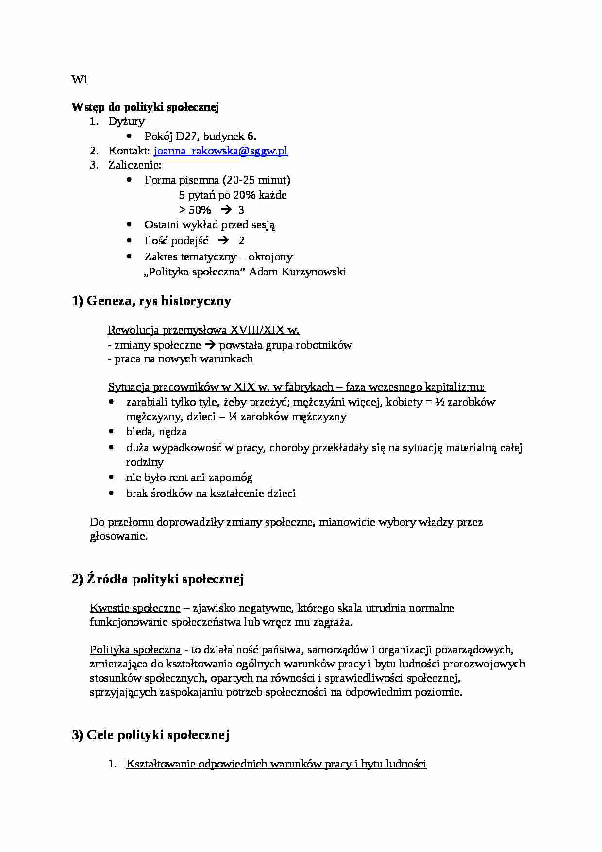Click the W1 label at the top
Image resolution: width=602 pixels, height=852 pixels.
(x=80, y=80)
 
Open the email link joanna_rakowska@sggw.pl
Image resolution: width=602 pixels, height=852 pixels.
(x=220, y=151)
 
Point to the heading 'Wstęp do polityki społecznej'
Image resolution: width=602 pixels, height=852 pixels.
(x=145, y=107)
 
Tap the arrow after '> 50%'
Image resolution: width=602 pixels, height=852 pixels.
(x=226, y=210)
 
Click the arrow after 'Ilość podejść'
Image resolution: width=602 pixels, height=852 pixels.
(x=223, y=240)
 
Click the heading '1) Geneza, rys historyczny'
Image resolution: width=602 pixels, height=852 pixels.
(x=151, y=301)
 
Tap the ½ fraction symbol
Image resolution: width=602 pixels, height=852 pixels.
(x=440, y=402)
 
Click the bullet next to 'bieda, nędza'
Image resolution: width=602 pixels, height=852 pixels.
(x=112, y=431)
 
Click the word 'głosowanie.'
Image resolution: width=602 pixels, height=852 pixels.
(x=118, y=536)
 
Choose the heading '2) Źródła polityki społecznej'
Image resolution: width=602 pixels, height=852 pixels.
(x=158, y=579)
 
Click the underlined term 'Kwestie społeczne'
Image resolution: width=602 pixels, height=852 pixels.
(x=135, y=608)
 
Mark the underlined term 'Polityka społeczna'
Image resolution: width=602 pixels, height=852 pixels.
(x=135, y=649)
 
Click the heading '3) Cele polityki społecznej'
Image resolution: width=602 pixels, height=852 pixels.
(x=150, y=735)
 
